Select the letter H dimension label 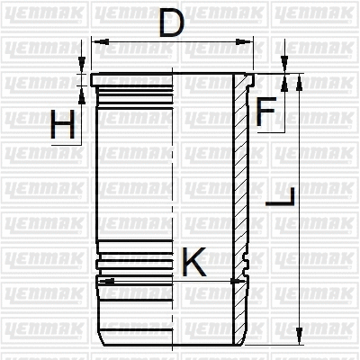click(x=62, y=125)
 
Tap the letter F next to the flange click(x=265, y=112)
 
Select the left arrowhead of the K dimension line click(x=107, y=282)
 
